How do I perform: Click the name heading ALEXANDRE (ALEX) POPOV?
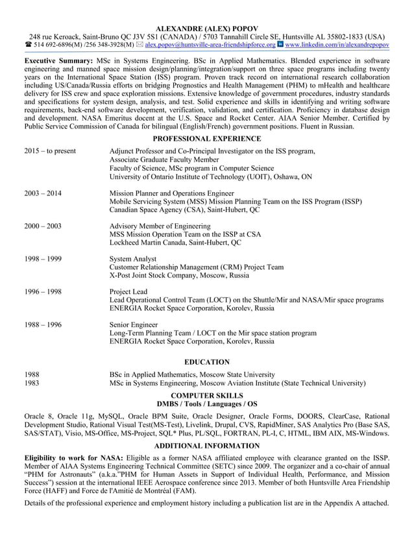click(206, 27)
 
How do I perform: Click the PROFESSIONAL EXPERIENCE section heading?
click(206, 139)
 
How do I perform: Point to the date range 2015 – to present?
click(49, 151)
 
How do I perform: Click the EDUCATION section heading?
click(206, 361)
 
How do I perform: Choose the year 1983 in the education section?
click(32, 383)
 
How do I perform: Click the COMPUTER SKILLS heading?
click(206, 395)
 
